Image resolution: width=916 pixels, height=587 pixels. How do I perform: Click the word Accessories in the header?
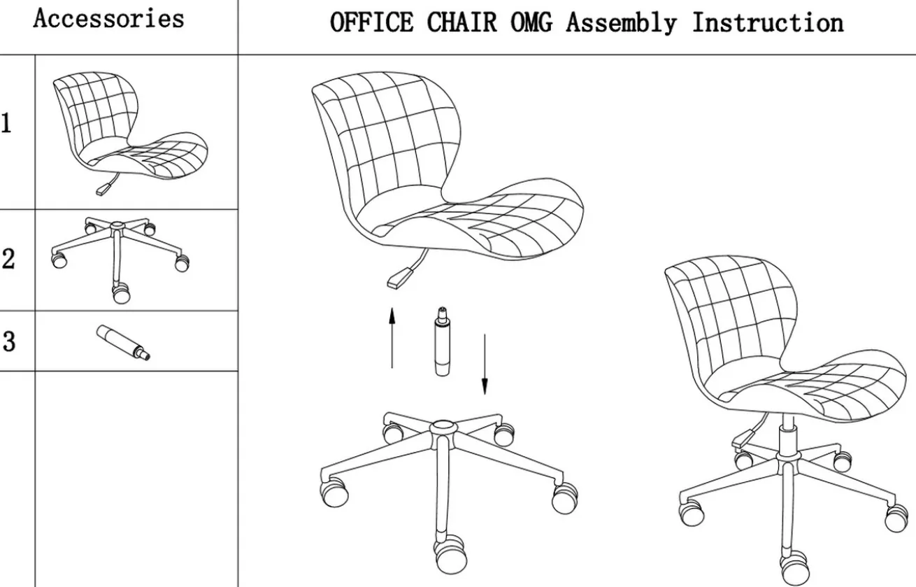[109, 18]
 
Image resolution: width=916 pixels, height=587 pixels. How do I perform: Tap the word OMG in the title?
[531, 22]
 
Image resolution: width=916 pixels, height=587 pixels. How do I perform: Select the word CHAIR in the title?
[461, 22]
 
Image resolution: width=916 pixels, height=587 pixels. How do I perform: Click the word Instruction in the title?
[768, 22]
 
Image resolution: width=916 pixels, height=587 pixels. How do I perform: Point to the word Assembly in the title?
[622, 23]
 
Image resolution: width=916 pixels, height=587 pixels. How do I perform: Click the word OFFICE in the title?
[372, 22]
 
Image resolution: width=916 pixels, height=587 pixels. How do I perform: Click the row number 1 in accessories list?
[6, 123]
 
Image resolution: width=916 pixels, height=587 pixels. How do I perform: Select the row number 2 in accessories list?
[8, 259]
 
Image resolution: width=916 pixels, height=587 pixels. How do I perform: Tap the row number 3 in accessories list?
[9, 341]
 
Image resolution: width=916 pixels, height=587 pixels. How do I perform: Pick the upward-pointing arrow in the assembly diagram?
[392, 338]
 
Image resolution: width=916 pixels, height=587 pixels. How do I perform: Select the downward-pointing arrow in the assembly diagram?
[485, 364]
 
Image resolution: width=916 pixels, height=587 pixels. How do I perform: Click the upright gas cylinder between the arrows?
[442, 341]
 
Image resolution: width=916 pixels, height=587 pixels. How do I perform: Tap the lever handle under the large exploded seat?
[399, 278]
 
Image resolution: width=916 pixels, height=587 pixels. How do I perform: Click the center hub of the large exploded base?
[443, 428]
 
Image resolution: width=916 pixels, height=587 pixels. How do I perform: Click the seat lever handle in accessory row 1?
[104, 189]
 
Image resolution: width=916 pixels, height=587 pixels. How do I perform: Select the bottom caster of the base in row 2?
[121, 294]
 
